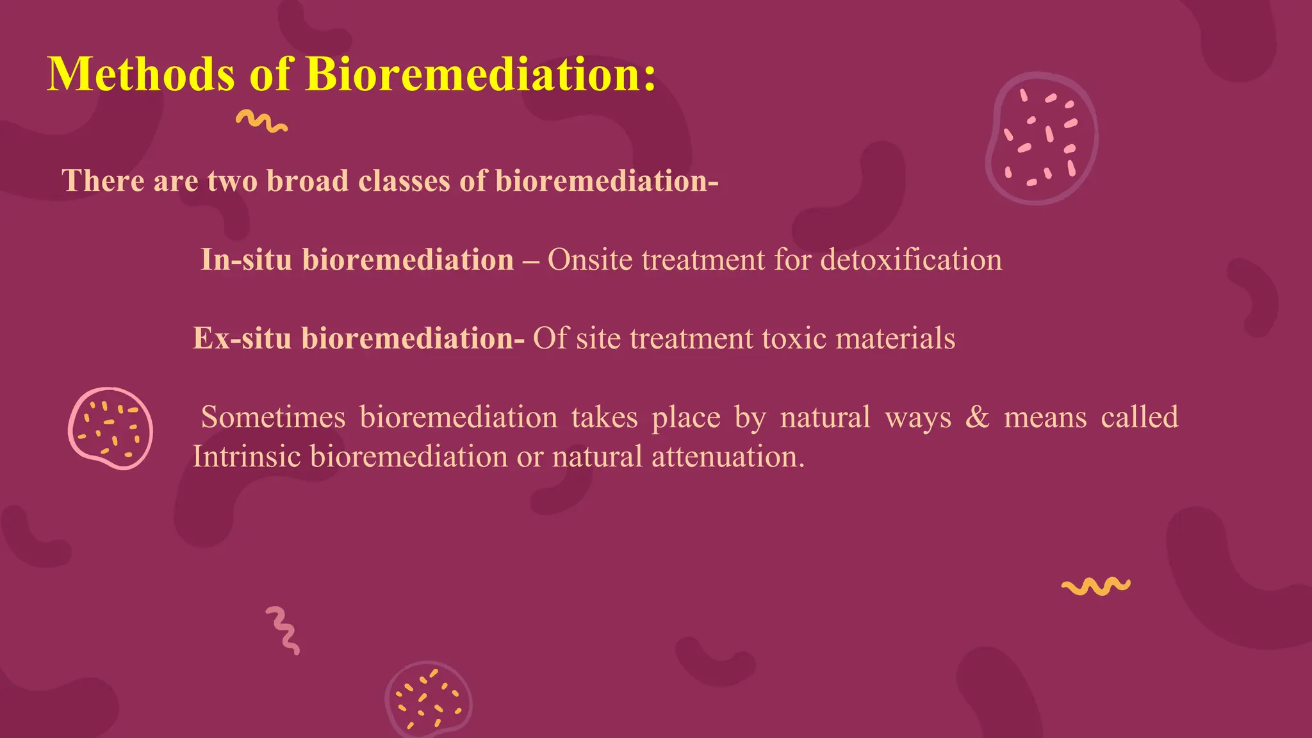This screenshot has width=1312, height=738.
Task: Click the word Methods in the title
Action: [142, 75]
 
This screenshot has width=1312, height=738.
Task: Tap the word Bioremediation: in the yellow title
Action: [480, 75]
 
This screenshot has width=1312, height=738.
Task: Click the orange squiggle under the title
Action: [261, 121]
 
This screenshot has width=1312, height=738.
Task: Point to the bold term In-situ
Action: [247, 260]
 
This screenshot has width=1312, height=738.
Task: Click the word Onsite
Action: [591, 260]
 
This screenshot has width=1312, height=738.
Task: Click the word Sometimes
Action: [273, 418]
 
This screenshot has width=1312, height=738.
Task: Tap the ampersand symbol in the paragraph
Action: [977, 417]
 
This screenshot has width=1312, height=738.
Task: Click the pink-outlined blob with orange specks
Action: [110, 428]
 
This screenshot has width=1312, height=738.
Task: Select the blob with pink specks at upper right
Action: [1041, 138]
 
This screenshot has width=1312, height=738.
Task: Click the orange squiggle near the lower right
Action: [1095, 586]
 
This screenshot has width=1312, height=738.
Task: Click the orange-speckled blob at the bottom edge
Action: [429, 699]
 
